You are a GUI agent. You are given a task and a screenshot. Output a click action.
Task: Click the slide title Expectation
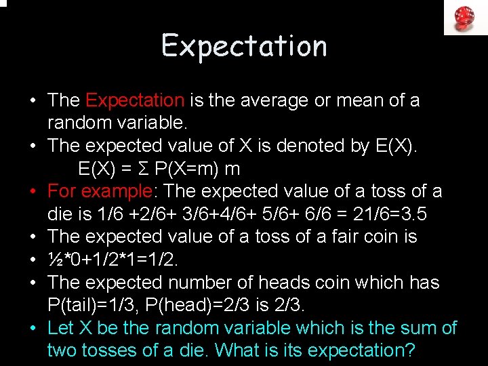click(244, 46)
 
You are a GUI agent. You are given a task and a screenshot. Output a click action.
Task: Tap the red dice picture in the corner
click(466, 17)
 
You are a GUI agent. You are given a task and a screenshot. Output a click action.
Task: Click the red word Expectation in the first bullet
click(135, 101)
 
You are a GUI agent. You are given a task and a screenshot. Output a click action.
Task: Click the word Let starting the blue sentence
click(59, 328)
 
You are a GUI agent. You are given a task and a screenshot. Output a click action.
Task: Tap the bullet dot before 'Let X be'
click(33, 328)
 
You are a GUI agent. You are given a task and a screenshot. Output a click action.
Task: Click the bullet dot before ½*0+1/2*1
click(33, 260)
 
